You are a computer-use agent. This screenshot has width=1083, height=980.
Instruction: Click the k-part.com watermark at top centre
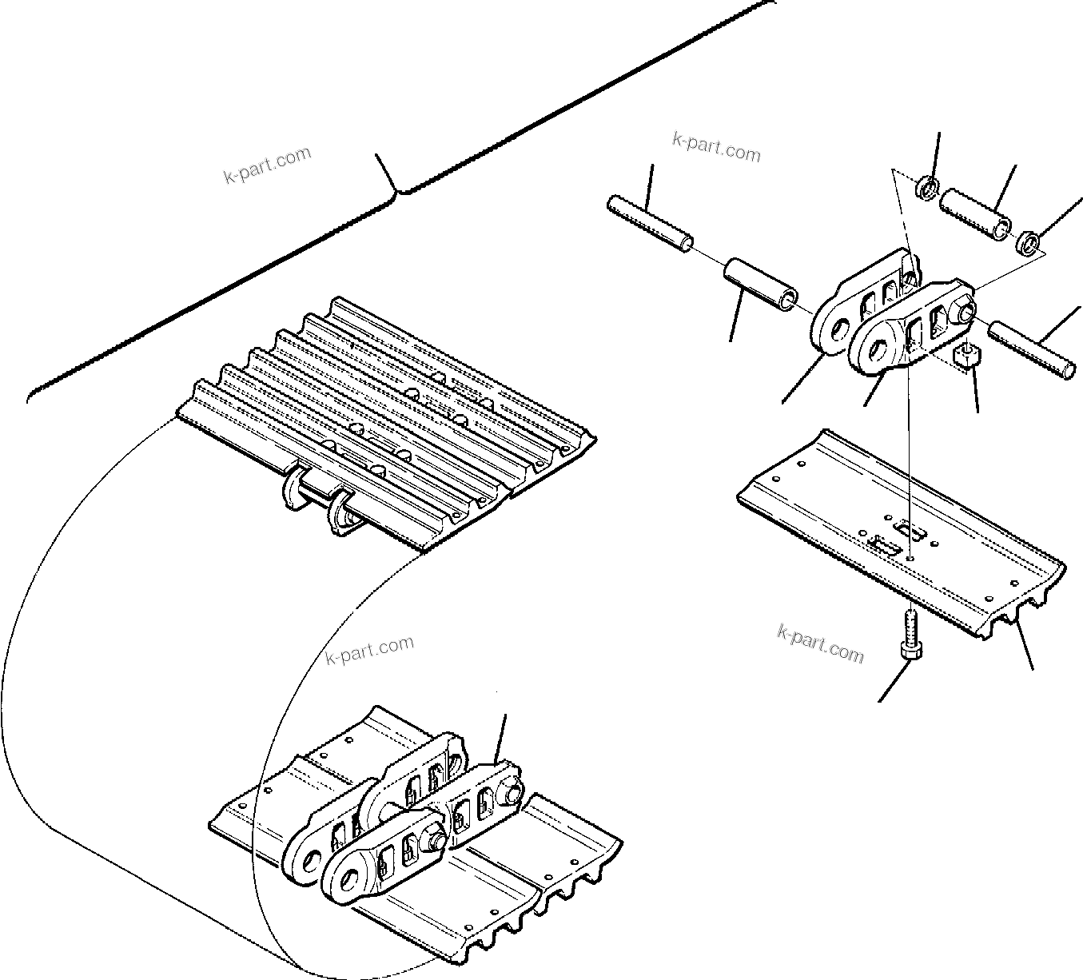coord(716,147)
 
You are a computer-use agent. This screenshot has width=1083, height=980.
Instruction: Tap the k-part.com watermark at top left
coord(267,164)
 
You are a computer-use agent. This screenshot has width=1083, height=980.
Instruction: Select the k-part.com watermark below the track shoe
coord(820,643)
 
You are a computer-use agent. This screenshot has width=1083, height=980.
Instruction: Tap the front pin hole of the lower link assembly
coord(349,881)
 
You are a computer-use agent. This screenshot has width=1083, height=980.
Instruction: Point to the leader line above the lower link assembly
coord(500,735)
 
